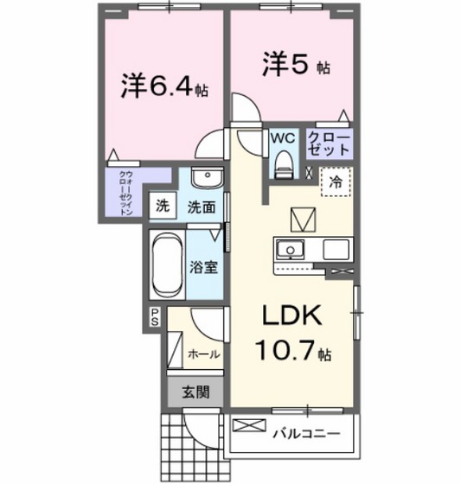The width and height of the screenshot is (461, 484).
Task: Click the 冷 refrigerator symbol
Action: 335,183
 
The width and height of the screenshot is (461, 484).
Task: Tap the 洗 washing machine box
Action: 162,206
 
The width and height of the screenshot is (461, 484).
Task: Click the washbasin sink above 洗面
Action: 206,178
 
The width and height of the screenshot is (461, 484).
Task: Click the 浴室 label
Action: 203,266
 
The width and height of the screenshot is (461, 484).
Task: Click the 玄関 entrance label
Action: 195,391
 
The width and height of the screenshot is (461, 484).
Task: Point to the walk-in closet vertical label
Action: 126,194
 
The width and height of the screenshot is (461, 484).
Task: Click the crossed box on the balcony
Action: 247,428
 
